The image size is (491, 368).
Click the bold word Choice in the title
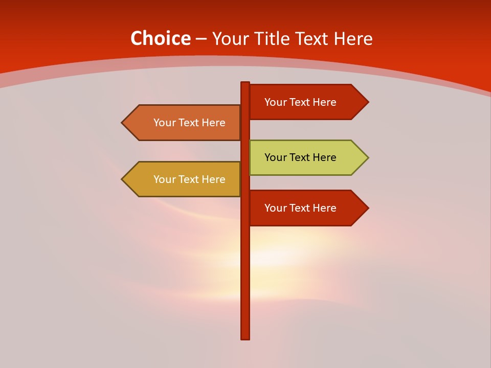(160, 39)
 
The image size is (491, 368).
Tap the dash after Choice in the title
(201, 39)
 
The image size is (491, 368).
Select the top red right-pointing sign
(307, 102)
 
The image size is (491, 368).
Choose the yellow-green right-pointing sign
(307, 157)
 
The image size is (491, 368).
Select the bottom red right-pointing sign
(307, 208)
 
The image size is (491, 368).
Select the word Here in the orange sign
(214, 123)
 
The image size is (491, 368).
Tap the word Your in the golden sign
(165, 179)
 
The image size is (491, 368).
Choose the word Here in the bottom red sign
(325, 208)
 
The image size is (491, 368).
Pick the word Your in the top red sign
(276, 102)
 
